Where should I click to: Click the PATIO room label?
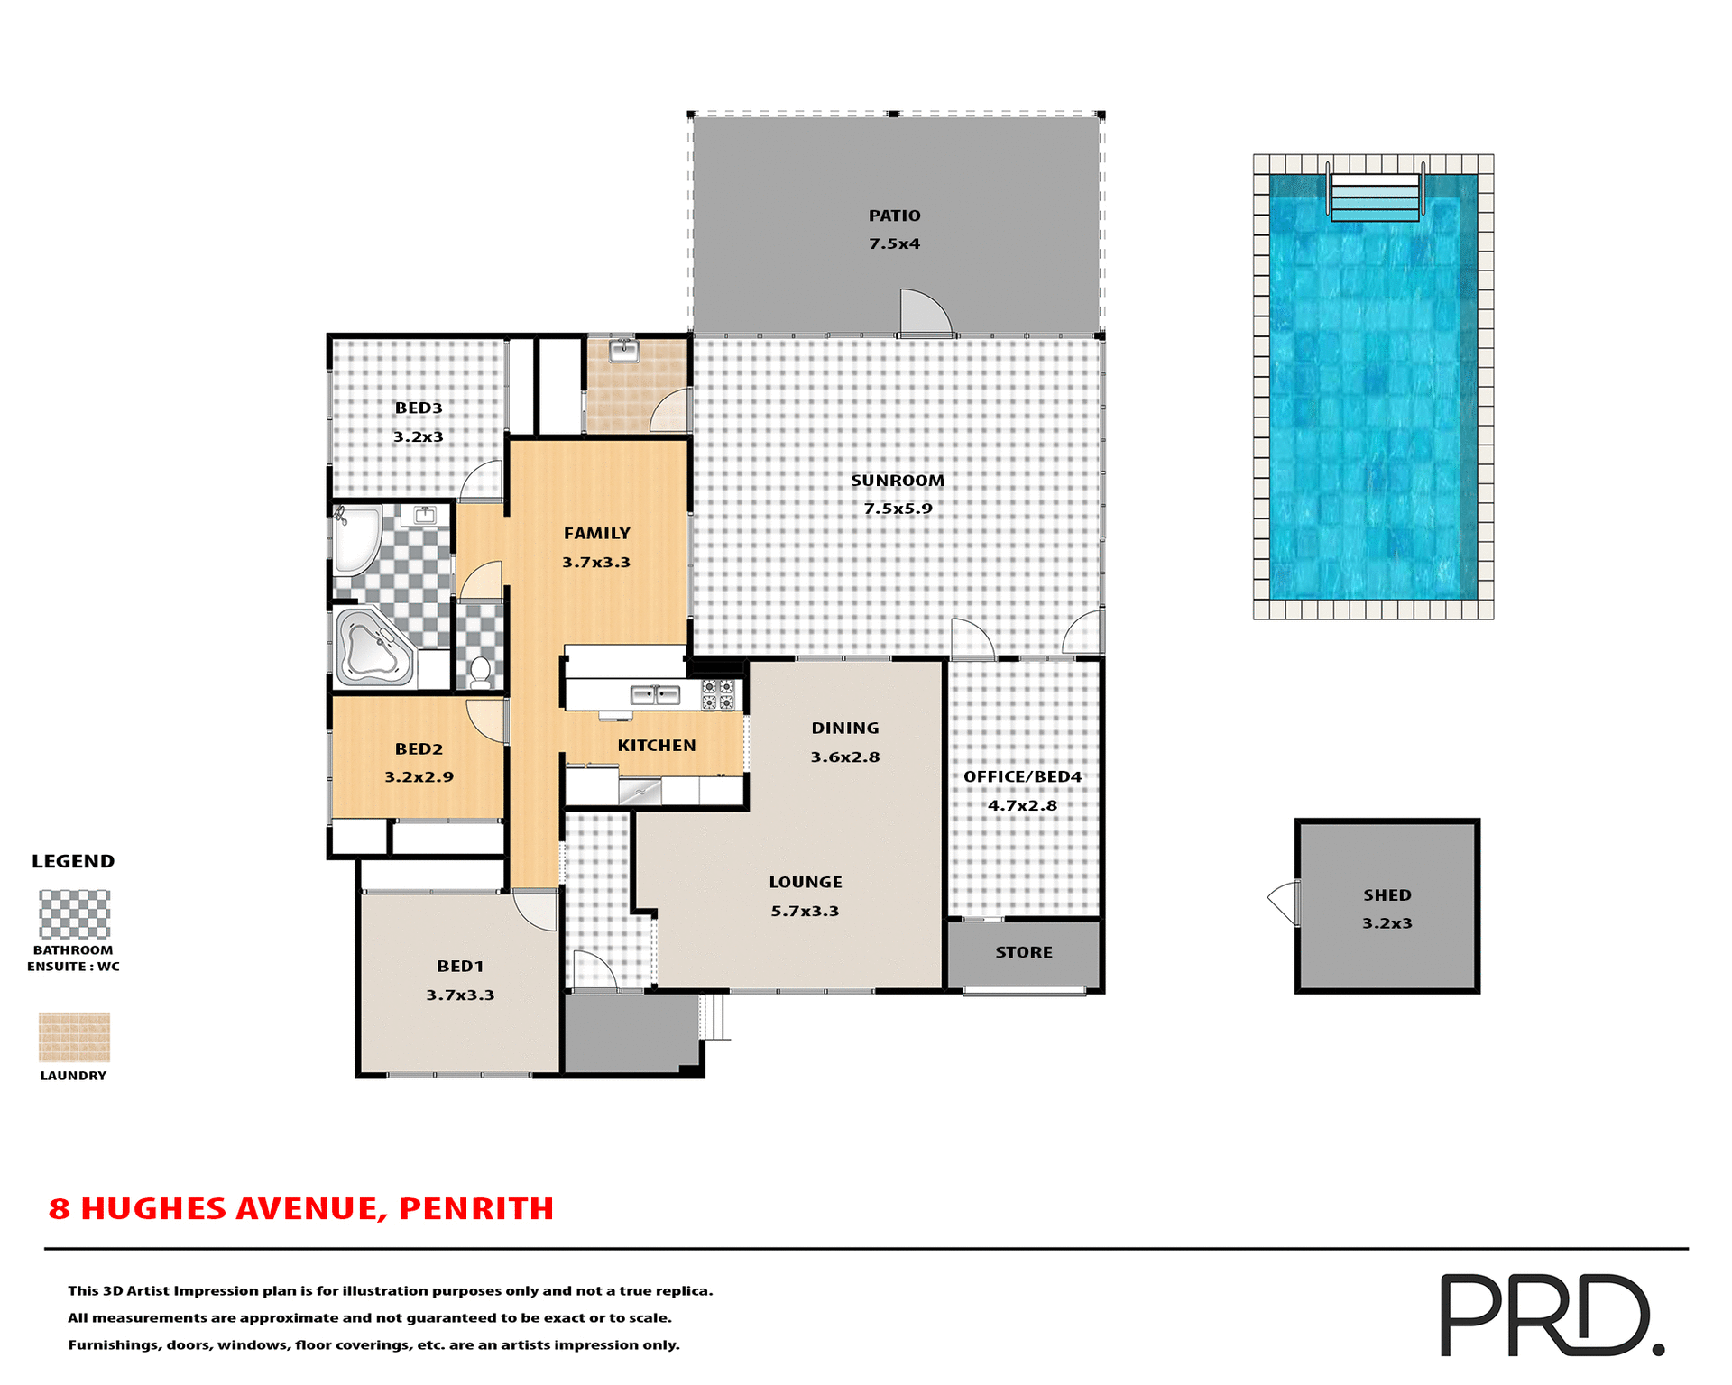point(894,216)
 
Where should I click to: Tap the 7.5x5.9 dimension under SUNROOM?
point(898,509)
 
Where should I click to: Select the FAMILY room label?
point(596,534)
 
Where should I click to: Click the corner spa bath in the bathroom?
point(373,647)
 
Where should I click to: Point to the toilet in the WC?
point(481,672)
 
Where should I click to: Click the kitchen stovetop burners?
point(718,694)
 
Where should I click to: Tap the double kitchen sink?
point(655,694)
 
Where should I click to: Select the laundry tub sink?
point(623,351)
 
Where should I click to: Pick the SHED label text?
point(1387,895)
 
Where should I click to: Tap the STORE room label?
point(1024,952)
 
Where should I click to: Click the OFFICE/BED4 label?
point(1022,776)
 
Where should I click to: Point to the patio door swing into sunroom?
point(925,312)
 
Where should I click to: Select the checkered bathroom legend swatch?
point(74,914)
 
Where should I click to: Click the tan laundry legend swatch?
point(74,1037)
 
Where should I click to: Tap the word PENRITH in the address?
point(475,1208)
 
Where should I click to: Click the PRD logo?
point(1552,1315)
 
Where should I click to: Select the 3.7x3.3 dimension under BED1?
point(460,995)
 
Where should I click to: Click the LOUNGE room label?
point(805,882)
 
